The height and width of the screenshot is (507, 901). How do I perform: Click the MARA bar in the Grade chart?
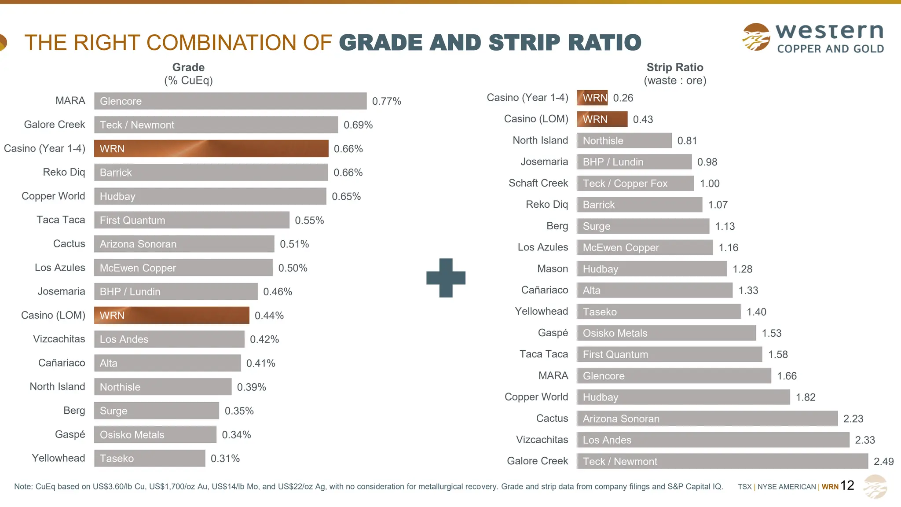[230, 101]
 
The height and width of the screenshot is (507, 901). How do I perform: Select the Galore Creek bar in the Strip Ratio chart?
[722, 461]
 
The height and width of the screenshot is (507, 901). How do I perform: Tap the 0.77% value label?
[386, 101]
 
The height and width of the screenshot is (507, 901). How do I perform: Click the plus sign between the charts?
[446, 278]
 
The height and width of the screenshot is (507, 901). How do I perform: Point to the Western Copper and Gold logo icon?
[756, 37]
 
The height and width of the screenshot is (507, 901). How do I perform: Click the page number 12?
[847, 485]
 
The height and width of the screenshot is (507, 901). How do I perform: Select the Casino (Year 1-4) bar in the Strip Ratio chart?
[592, 98]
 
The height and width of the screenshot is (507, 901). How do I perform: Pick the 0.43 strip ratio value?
[643, 119]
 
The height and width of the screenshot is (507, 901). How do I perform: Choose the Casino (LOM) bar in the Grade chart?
[172, 316]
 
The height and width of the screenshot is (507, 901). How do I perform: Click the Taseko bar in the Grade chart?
[150, 459]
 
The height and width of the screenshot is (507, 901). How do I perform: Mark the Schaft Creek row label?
[538, 183]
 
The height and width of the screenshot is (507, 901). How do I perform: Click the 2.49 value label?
[883, 461]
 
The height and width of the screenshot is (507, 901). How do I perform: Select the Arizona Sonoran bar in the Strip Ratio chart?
[707, 419]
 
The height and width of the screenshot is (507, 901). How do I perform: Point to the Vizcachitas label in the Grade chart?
[59, 339]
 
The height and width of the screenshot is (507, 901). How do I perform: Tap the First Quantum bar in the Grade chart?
[191, 220]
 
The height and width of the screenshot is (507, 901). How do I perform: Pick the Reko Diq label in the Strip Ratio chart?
[547, 204]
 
